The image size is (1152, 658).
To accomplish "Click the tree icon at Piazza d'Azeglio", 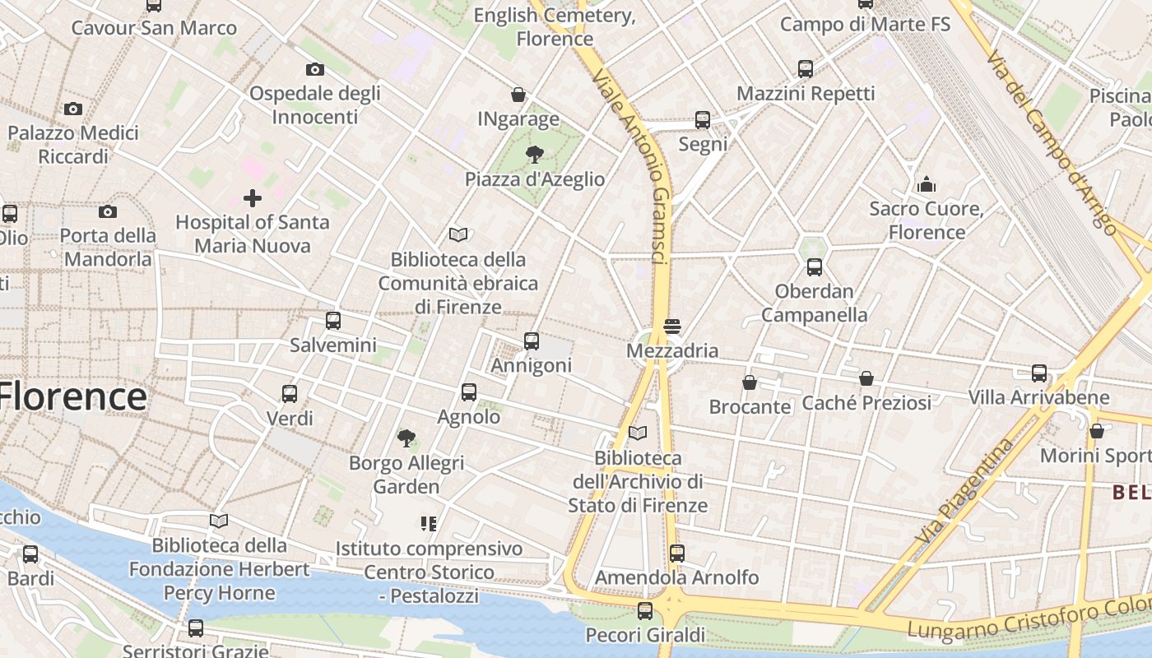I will tap(535, 154).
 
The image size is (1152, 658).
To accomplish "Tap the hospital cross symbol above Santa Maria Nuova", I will tap(253, 197).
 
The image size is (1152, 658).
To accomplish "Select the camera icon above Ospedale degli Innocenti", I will tap(314, 70).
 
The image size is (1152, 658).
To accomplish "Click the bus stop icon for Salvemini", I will tap(333, 321).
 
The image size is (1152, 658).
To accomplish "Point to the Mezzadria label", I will tap(672, 351).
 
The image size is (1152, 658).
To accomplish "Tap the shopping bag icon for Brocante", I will tap(750, 382).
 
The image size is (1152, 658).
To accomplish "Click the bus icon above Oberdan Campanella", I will tap(815, 267).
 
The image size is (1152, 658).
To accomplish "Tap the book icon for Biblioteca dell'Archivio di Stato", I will tap(638, 433).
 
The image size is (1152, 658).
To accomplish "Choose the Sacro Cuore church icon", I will tap(927, 184).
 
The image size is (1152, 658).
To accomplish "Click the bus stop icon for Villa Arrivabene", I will tap(1039, 373).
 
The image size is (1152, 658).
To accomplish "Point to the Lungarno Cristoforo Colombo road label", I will tap(1029, 621).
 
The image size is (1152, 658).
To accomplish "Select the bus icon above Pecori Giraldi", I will tap(645, 611).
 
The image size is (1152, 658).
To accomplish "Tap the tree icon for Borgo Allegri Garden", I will tap(406, 438).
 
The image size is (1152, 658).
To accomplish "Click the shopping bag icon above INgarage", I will tap(518, 95).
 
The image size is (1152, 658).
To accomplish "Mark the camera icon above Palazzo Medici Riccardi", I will tap(73, 109).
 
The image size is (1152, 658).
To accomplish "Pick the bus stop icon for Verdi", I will tap(290, 394).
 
